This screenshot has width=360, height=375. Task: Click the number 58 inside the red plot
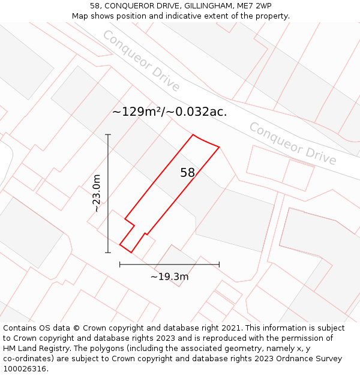188,173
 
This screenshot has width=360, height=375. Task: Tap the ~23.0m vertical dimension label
97,193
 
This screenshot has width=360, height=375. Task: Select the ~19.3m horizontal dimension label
169,277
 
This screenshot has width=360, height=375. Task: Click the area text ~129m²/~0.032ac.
169,112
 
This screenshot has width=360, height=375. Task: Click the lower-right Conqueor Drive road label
293,143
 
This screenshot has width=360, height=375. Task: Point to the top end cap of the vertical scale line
108,134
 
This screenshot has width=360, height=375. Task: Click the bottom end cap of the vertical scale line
108,253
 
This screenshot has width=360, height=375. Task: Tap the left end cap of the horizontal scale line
120,264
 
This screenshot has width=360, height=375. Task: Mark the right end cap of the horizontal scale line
219,264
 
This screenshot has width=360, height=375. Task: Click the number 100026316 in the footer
25,369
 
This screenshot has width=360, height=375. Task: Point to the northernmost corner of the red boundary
193,134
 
